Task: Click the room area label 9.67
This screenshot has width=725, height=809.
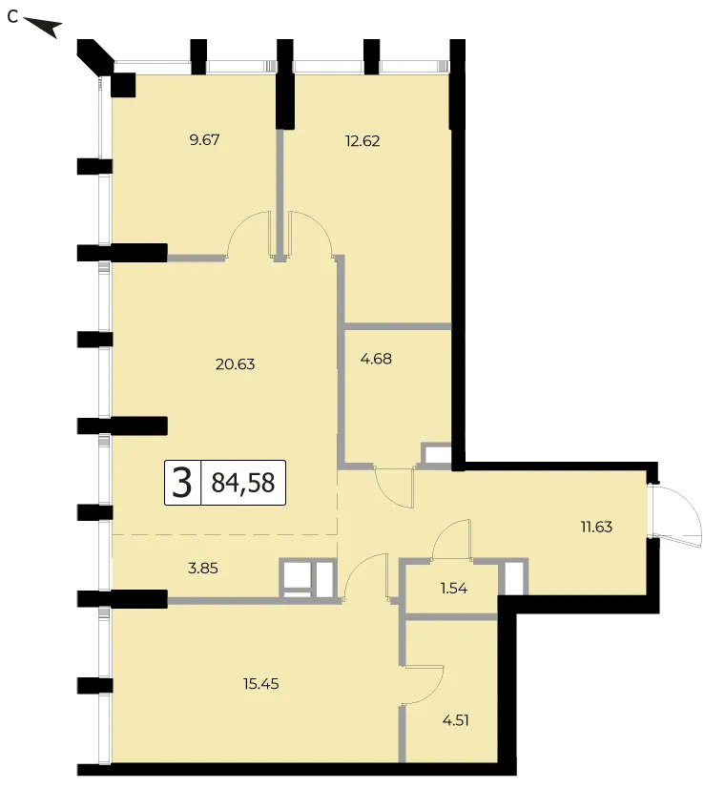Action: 204,140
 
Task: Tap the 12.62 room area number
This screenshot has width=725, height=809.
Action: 362,141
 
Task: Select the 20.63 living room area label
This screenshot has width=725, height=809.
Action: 235,364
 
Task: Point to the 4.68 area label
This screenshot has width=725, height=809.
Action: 376,358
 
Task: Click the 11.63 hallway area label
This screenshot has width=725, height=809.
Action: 596,527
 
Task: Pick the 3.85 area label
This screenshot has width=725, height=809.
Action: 203,568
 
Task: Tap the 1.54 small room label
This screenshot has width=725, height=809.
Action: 454,589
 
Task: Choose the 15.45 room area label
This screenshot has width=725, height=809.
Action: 260,684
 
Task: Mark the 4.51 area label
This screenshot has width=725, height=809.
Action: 456,719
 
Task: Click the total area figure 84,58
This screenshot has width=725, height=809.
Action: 243,483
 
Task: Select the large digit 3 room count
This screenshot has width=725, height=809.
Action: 182,483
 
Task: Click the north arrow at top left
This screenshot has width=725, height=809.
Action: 43,27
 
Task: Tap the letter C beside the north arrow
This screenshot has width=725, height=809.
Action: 12,17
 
